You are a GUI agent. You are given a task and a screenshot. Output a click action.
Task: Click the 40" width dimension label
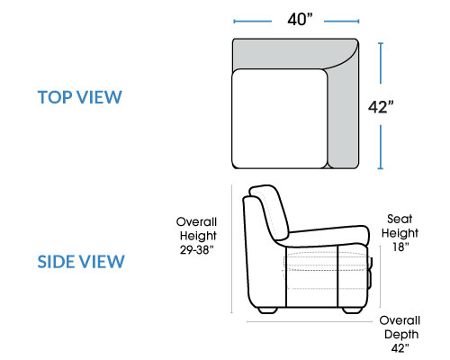300,20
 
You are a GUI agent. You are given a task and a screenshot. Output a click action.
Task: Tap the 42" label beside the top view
381,107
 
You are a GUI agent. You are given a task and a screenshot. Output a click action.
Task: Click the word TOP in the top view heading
55,97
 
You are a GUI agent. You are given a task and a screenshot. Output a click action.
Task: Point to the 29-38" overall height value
197,249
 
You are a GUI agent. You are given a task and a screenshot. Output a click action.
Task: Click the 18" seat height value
400,247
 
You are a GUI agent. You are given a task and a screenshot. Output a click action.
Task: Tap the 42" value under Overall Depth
400,348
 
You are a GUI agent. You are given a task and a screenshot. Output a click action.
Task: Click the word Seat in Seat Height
400,219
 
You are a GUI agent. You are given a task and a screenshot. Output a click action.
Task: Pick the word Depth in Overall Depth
401,335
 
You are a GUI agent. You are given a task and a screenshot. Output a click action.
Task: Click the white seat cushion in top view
279,119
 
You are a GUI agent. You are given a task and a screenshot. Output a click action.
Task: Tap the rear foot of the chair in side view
267,310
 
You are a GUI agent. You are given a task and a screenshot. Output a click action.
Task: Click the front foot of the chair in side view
353,310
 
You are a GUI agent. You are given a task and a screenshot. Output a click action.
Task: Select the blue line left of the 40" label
253,22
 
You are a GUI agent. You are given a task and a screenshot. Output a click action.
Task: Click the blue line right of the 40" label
342,22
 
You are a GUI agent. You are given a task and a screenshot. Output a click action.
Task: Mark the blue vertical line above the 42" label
381,63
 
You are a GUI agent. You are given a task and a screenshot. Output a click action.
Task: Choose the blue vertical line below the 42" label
381,148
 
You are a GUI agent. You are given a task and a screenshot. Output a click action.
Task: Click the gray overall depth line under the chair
309,321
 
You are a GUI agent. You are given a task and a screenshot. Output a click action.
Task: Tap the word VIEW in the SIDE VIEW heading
101,262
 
